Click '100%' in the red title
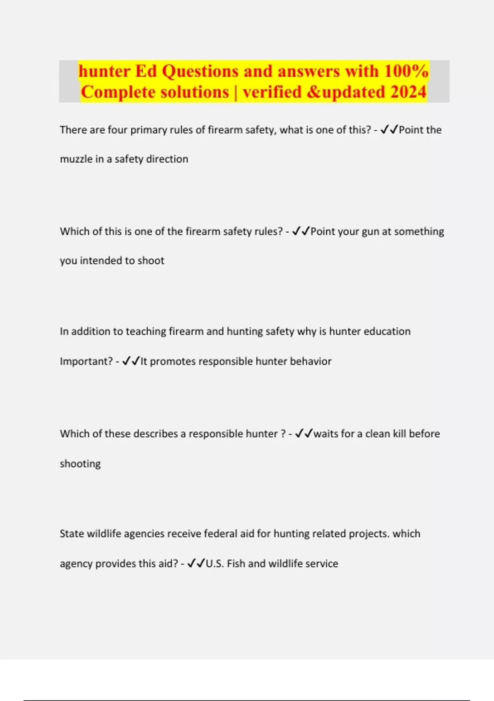click(x=406, y=71)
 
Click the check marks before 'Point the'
click(x=389, y=130)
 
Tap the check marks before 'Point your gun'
click(x=301, y=231)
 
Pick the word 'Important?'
click(x=86, y=362)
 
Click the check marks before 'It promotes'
click(x=131, y=361)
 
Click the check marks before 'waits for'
click(x=304, y=433)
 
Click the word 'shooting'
click(x=80, y=464)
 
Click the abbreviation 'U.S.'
click(x=215, y=564)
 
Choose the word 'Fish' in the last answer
click(x=236, y=564)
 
